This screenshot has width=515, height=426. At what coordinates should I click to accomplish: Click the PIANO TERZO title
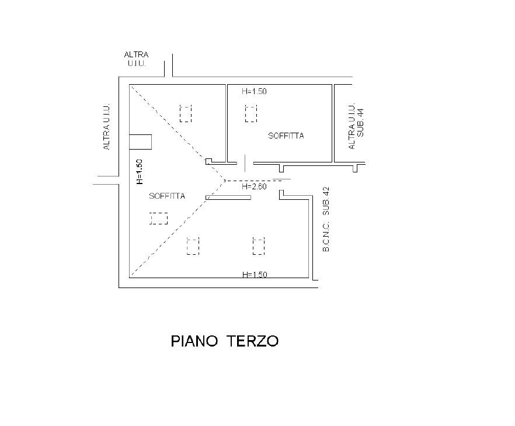click(225, 341)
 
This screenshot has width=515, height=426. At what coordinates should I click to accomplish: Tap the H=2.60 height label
click(254, 187)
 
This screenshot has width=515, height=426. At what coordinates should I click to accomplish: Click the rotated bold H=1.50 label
click(139, 172)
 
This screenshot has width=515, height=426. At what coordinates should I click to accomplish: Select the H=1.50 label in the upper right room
click(254, 91)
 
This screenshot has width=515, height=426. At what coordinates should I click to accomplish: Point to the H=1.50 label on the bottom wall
click(254, 275)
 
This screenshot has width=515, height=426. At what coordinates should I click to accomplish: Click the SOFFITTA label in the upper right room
click(286, 136)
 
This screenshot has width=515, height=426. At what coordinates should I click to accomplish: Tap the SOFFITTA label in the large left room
click(167, 196)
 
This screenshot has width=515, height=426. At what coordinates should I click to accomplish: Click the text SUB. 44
click(361, 123)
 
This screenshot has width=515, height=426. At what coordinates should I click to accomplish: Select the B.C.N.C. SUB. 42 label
click(326, 219)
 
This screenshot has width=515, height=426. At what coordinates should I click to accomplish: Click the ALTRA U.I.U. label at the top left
click(136, 59)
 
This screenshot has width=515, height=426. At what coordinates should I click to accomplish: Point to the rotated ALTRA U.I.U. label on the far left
click(106, 127)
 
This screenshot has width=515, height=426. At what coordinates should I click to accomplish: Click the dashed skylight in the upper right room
click(251, 114)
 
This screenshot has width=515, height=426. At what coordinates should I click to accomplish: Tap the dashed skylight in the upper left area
click(186, 114)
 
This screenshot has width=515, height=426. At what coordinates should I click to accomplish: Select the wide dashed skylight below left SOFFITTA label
click(159, 219)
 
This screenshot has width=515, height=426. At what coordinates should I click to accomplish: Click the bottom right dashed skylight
click(259, 246)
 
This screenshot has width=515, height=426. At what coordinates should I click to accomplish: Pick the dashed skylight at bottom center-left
click(193, 246)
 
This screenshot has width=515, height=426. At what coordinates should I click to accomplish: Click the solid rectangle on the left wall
click(140, 142)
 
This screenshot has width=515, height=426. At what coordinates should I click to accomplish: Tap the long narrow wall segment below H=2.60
click(228, 198)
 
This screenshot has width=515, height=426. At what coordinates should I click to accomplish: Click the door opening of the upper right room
click(245, 164)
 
